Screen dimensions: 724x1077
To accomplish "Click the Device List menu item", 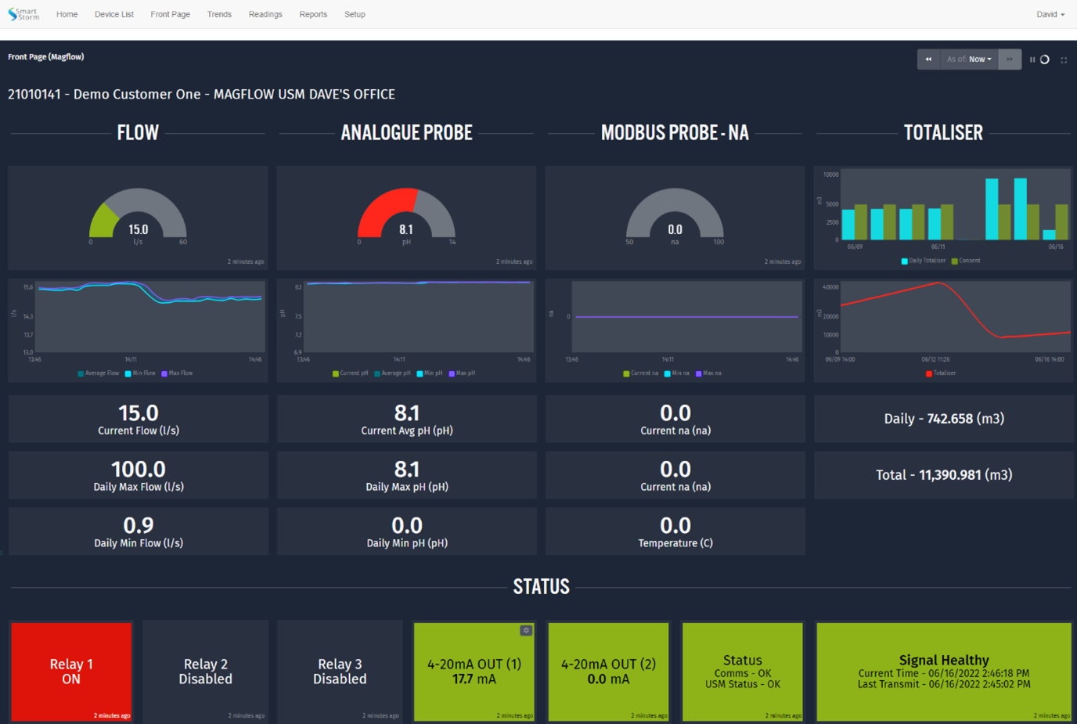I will pyautogui.click(x=113, y=14).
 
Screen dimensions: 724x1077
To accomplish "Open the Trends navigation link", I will pyautogui.click(x=219, y=14).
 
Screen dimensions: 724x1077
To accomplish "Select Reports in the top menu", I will pyautogui.click(x=313, y=14).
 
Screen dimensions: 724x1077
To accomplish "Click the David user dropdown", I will pyautogui.click(x=1050, y=14).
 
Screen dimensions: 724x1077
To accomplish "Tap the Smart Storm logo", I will pyautogui.click(x=23, y=14).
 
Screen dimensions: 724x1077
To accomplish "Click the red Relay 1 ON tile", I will pyautogui.click(x=71, y=671).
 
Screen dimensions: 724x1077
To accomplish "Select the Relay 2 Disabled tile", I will pyautogui.click(x=205, y=671).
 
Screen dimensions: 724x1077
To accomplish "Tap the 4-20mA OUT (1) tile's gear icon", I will pyautogui.click(x=526, y=631).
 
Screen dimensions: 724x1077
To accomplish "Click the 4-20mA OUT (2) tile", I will pyautogui.click(x=608, y=671).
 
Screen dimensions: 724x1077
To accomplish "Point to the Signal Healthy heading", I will pyautogui.click(x=943, y=660).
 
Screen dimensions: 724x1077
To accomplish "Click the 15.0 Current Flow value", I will pyautogui.click(x=138, y=413).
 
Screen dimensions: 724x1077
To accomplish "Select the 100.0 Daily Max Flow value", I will pyautogui.click(x=138, y=470).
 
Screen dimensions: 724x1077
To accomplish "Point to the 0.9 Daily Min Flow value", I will pyautogui.click(x=138, y=525).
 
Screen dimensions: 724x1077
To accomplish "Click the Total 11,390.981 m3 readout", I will pyautogui.click(x=943, y=475).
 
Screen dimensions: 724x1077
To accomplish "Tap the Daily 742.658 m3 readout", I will pyautogui.click(x=943, y=419).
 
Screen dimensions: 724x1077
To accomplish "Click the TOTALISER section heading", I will pyautogui.click(x=943, y=133).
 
